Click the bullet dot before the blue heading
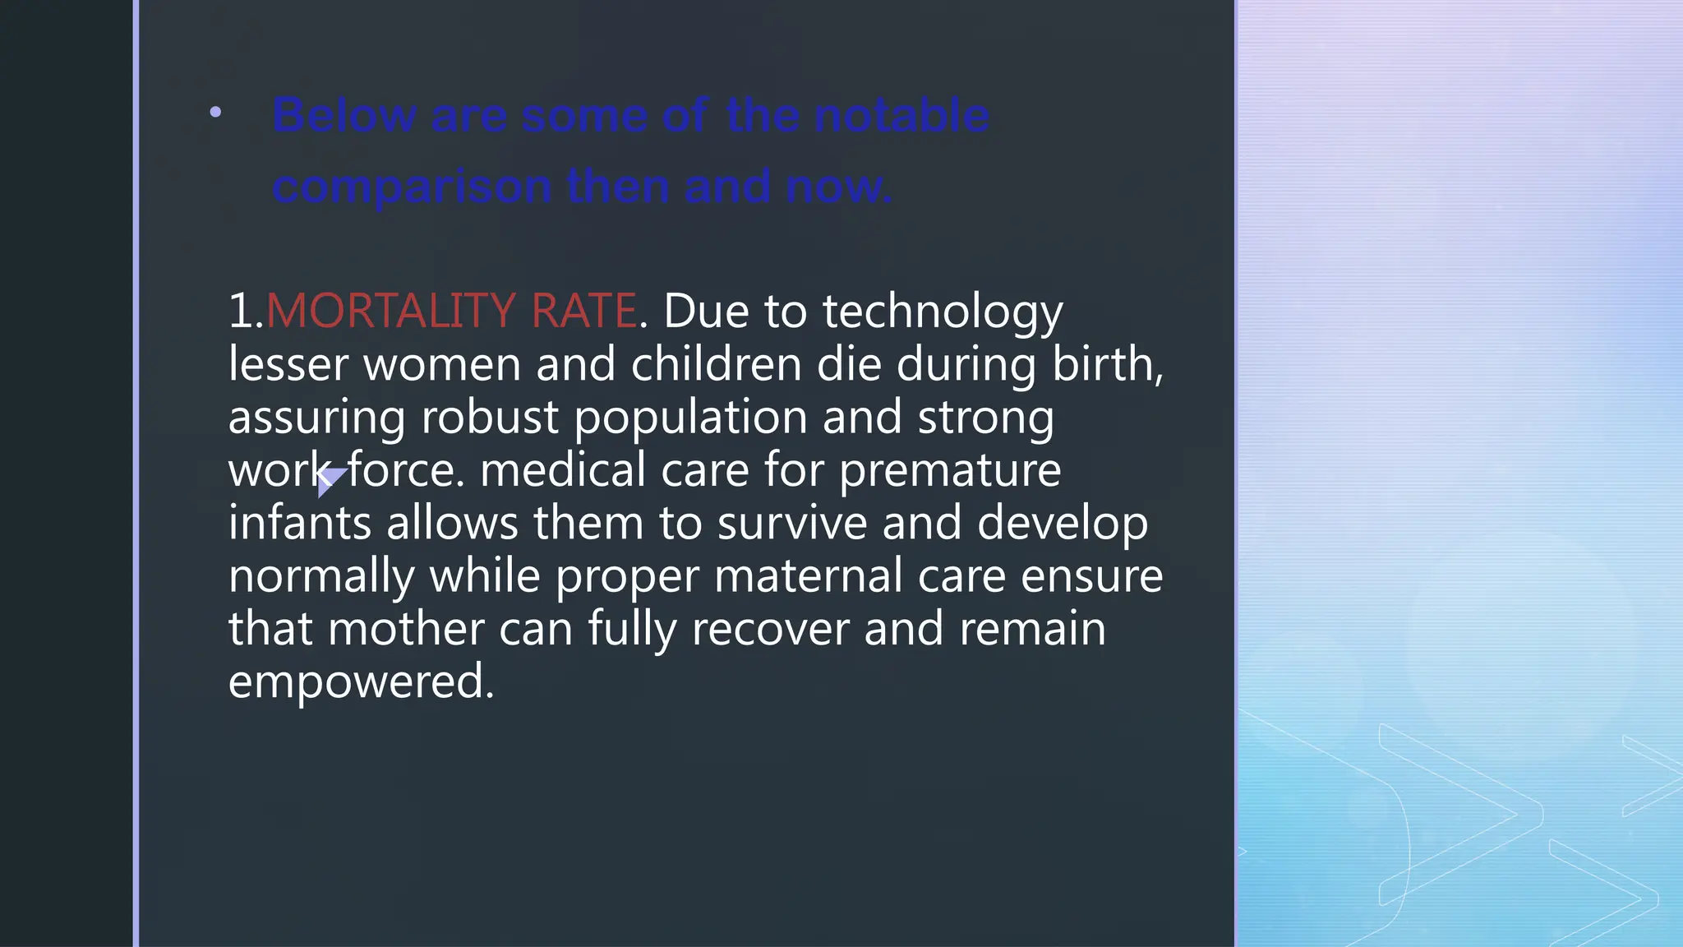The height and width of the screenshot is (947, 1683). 215,112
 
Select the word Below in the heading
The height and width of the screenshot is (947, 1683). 344,115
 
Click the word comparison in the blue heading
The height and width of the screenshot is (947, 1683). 412,187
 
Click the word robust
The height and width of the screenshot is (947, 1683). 490,417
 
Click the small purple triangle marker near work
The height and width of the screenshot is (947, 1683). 329,480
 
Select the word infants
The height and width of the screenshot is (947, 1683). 299,523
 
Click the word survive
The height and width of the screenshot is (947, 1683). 791,523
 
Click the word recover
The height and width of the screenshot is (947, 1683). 770,629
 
